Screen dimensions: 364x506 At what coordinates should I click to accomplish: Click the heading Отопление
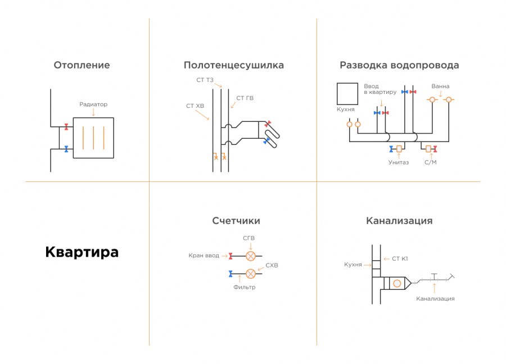[x=82, y=65]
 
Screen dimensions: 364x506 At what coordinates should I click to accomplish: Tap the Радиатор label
[x=93, y=104]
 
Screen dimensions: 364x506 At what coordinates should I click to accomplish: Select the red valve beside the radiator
[x=66, y=126]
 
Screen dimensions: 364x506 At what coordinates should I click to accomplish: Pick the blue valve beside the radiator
[x=66, y=149]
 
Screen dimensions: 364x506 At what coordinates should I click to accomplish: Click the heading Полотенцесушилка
[x=233, y=65]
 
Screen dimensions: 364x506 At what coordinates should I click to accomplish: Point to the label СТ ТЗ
[x=205, y=80]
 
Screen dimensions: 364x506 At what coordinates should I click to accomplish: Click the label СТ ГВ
[x=245, y=98]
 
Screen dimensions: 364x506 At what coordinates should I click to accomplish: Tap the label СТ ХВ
[x=195, y=105]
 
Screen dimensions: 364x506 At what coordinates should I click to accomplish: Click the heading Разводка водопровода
[x=399, y=65]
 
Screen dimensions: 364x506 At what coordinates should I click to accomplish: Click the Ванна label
[x=440, y=86]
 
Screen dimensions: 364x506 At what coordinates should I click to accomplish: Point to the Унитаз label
[x=398, y=162]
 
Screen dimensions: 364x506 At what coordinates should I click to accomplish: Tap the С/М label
[x=431, y=162]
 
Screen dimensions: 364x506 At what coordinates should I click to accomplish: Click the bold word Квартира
[x=82, y=252]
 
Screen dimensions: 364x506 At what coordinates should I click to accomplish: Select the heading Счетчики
[x=236, y=221]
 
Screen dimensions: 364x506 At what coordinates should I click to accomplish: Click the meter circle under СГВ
[x=251, y=256]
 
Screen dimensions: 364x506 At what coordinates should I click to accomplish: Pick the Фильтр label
[x=245, y=287]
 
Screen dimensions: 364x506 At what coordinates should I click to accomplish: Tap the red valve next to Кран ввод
[x=231, y=256]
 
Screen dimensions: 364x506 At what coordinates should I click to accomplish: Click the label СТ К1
[x=399, y=258]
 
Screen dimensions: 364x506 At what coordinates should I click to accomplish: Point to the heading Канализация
[x=399, y=221]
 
